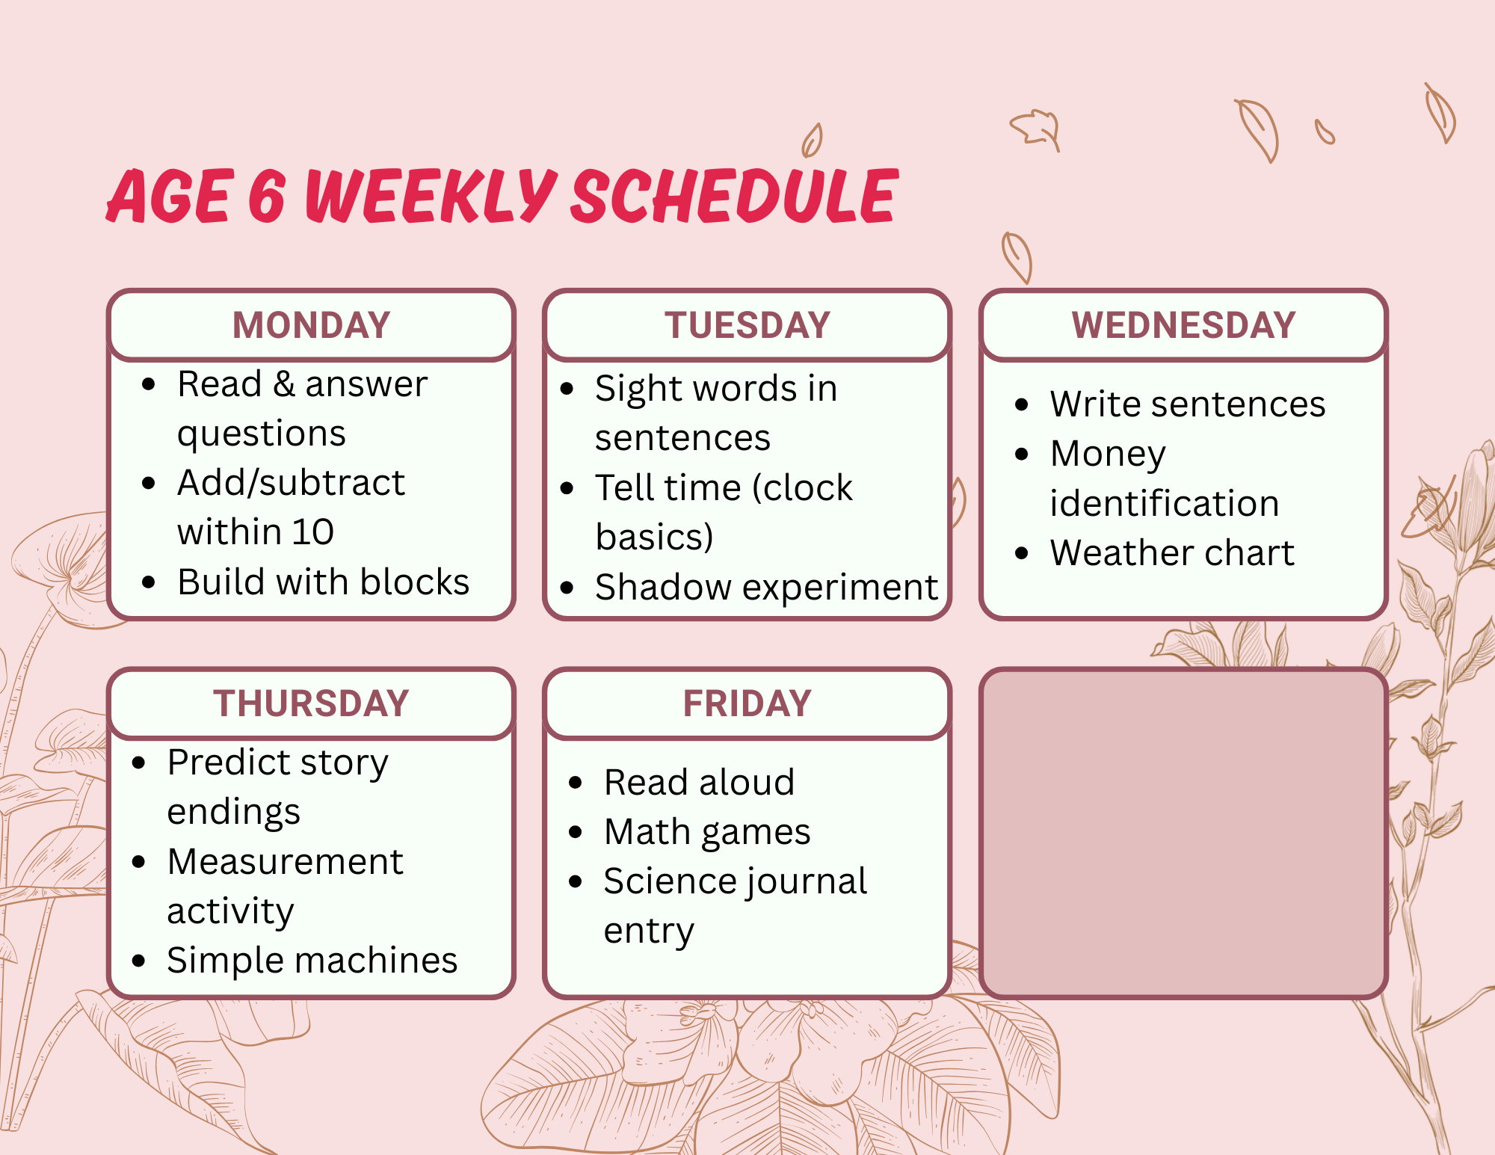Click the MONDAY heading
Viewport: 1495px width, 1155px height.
pos(312,325)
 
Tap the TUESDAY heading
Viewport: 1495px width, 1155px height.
pos(747,325)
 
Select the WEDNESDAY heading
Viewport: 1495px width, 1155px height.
pos(1183,325)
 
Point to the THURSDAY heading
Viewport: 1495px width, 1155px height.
pos(312,703)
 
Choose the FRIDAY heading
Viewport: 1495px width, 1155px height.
pos(747,703)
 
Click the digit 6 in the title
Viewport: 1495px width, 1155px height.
pos(267,196)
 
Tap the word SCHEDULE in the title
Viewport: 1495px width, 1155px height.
pos(735,196)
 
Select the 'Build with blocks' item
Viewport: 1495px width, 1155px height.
pos(323,582)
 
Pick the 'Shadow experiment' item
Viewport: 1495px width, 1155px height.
pos(766,587)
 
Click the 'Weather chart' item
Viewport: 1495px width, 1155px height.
pos(1171,552)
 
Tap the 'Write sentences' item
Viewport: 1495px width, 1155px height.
pos(1188,404)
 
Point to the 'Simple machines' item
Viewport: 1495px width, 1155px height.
pos(312,960)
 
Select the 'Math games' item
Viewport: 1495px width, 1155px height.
pos(707,832)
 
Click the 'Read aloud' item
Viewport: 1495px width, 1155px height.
pos(699,782)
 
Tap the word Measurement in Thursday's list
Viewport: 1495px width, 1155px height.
pos(285,861)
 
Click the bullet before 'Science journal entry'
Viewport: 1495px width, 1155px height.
pos(576,881)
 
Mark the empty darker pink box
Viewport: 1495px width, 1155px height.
pos(1183,834)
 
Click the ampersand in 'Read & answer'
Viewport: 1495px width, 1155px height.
pos(283,384)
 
